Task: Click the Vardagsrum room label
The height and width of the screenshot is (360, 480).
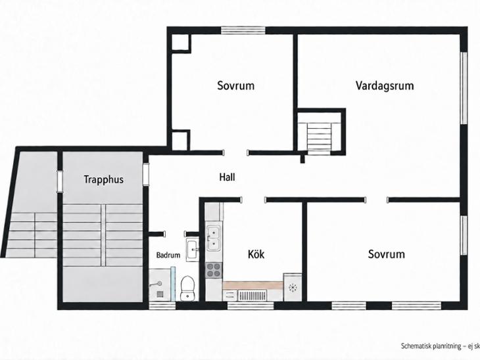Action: click(x=385, y=85)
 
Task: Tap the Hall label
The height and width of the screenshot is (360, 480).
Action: click(x=227, y=177)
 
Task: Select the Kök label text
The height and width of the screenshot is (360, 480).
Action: click(x=256, y=254)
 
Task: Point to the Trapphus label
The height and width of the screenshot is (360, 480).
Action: click(x=104, y=179)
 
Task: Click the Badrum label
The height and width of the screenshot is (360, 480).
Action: click(x=168, y=255)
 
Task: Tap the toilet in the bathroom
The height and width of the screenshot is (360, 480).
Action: click(x=187, y=288)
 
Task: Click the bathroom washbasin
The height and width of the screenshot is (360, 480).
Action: click(x=192, y=250)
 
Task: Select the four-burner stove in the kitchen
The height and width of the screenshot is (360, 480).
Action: click(x=214, y=270)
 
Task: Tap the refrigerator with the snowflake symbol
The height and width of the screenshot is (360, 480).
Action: click(x=293, y=287)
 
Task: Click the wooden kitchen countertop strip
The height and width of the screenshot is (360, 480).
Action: click(x=252, y=285)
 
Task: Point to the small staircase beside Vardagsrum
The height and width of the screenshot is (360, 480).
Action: click(x=320, y=137)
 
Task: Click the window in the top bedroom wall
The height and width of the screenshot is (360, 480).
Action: click(x=243, y=30)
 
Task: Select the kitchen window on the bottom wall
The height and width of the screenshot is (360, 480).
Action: click(x=251, y=305)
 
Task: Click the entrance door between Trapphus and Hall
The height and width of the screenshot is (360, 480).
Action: click(x=146, y=174)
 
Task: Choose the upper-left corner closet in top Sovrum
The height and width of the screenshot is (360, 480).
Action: click(x=181, y=42)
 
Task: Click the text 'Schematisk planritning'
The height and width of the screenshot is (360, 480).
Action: click(x=431, y=346)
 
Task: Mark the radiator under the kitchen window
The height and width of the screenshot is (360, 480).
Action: click(x=252, y=295)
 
